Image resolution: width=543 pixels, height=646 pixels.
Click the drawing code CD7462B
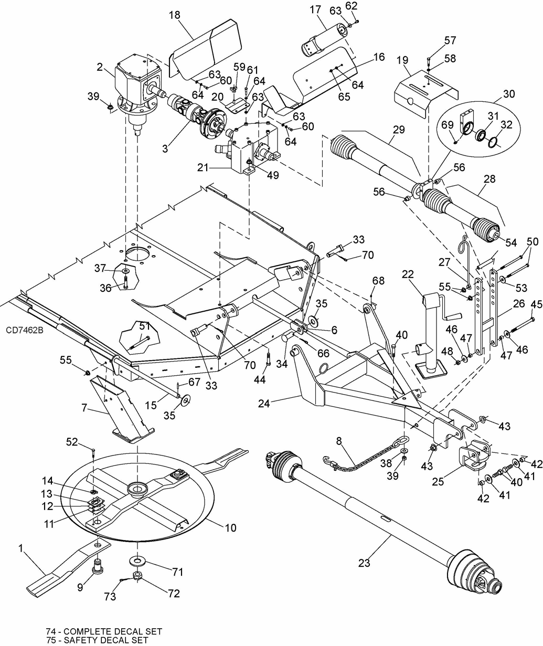point(25,331)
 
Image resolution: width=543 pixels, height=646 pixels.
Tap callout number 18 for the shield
point(175,15)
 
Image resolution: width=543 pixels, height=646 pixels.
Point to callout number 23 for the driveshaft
point(364,563)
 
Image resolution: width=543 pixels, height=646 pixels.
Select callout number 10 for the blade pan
point(230,527)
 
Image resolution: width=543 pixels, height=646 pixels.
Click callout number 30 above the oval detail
point(509,93)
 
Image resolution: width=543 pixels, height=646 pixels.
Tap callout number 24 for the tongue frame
point(264,403)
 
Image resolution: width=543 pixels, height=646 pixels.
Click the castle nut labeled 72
point(137,576)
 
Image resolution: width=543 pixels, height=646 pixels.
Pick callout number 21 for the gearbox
point(203,167)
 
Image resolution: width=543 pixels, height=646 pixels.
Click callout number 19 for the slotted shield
point(402,60)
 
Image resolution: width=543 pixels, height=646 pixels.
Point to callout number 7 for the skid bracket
point(84,407)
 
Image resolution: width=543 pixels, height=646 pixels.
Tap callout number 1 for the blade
point(21,548)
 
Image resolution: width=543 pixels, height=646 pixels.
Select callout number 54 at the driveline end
point(511,242)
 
